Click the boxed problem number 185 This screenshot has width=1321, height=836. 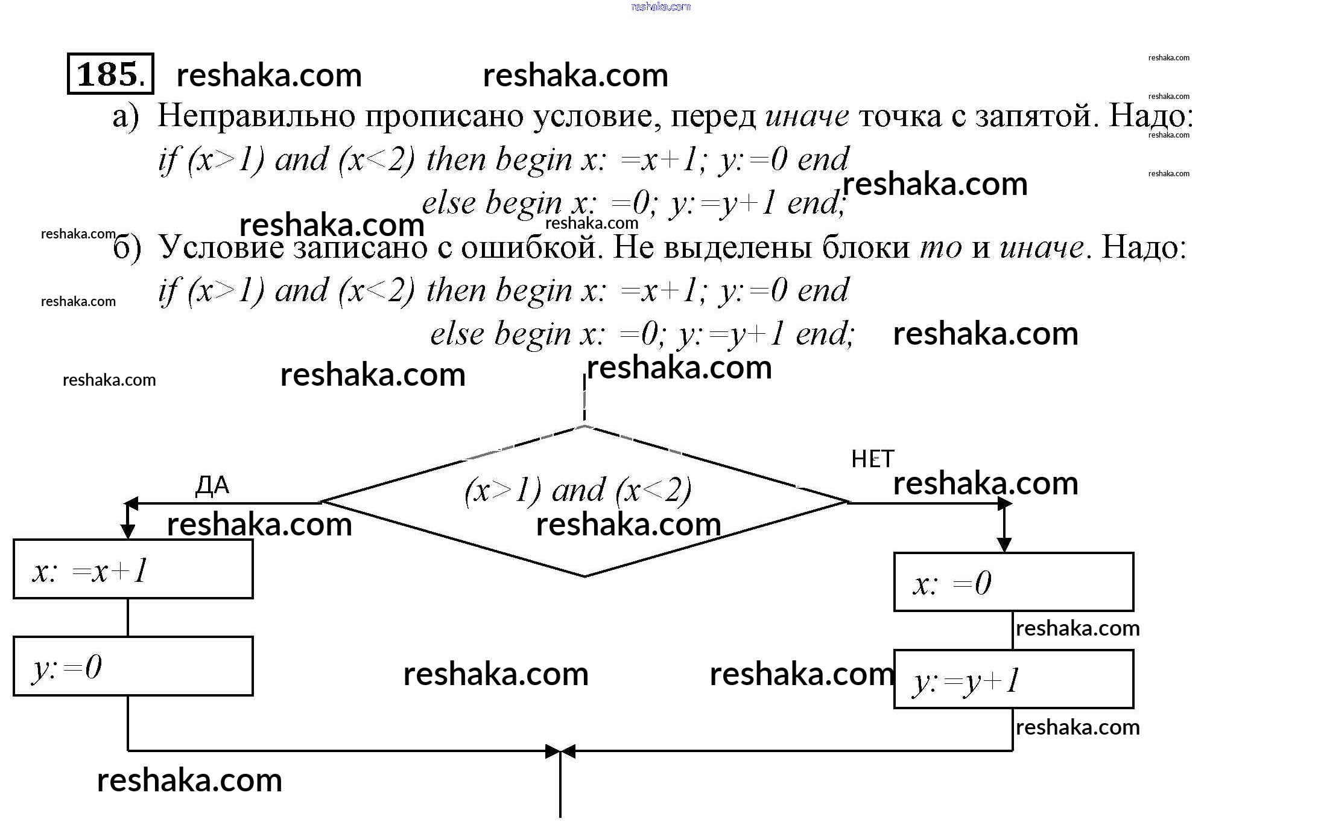[x=110, y=74]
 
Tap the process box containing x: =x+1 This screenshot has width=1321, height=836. [x=133, y=569]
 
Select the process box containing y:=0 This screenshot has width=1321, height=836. [x=133, y=666]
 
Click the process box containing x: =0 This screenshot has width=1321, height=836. [x=1013, y=582]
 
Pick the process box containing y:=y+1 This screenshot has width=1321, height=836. [x=1013, y=680]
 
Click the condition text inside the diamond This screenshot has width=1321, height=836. [x=578, y=490]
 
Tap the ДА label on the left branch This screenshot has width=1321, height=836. [x=212, y=486]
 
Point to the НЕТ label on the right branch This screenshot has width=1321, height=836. [x=872, y=460]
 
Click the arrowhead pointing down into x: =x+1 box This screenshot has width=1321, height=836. [x=128, y=531]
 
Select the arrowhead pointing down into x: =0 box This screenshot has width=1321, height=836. [x=1004, y=544]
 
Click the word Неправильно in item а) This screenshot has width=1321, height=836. [x=256, y=116]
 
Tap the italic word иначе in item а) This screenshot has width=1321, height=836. [x=807, y=116]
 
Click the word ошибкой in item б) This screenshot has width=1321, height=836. [x=531, y=247]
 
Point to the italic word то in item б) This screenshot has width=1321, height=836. [x=940, y=247]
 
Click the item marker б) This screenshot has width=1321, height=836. [x=127, y=248]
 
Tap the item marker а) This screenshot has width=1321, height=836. [x=125, y=116]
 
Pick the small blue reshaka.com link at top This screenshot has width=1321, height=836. [x=660, y=7]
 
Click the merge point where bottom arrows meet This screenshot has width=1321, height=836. [x=560, y=751]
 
